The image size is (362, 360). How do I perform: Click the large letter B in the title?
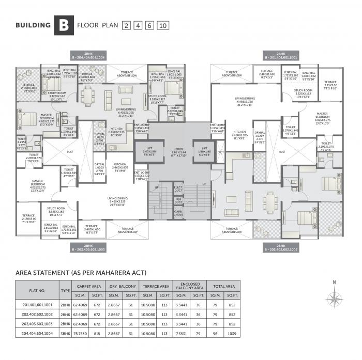pyautogui.click(x=63, y=25)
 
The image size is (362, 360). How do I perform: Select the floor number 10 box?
pyautogui.click(x=163, y=25)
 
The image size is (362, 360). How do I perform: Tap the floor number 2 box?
pyautogui.click(x=126, y=25)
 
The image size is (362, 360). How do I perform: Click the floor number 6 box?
pyautogui.click(x=149, y=25)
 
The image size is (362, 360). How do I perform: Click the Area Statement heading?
pyautogui.click(x=82, y=272)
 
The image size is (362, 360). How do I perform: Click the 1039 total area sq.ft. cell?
pyautogui.click(x=232, y=334)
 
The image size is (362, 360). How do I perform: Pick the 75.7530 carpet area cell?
pyautogui.click(x=81, y=334)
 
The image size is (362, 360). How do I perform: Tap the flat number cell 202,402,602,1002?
pyautogui.click(x=37, y=314)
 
